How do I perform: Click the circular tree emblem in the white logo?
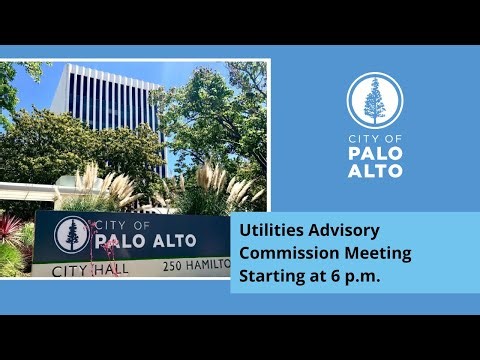tap(374, 101)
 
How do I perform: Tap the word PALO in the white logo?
tap(374, 154)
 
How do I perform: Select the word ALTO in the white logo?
tap(374, 171)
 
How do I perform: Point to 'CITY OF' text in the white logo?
tap(374, 139)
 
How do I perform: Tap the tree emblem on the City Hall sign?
tap(72, 235)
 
